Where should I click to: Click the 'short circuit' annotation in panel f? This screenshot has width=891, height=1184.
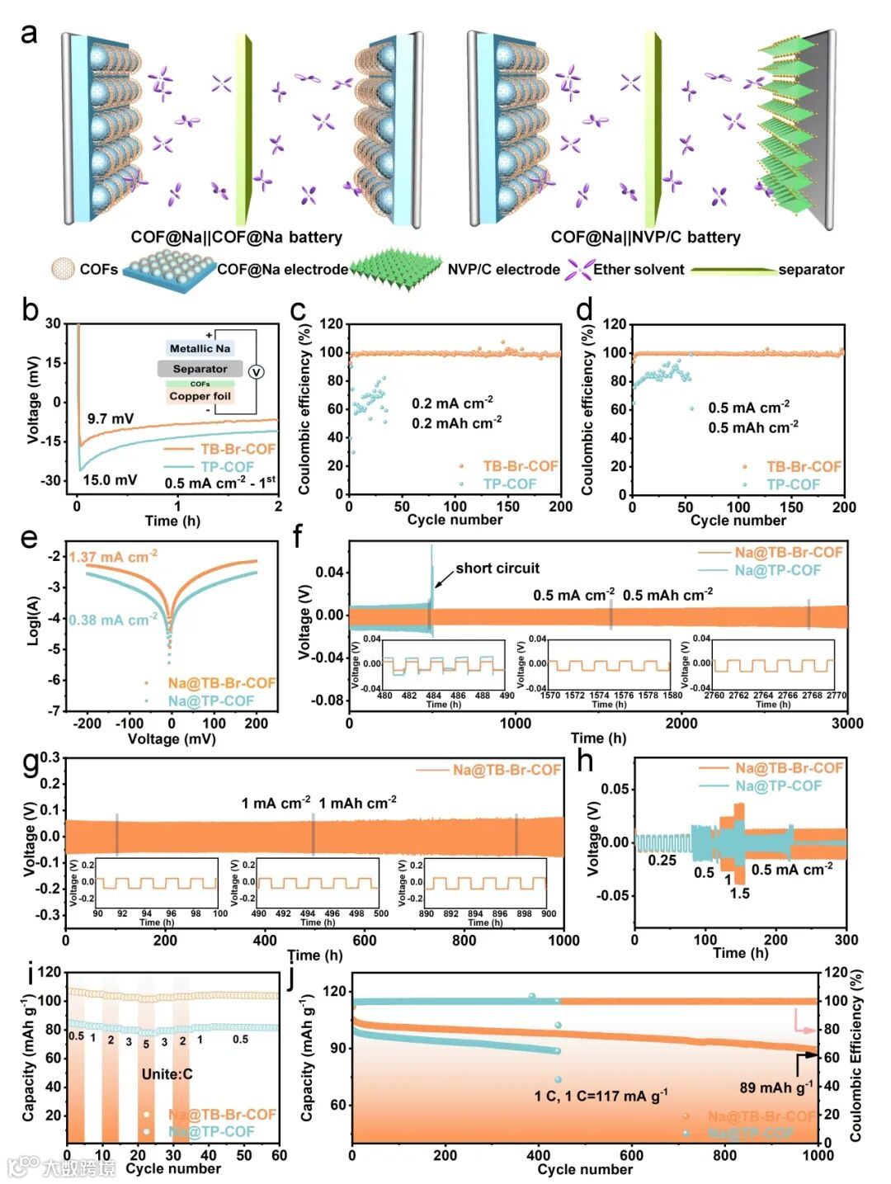point(497,568)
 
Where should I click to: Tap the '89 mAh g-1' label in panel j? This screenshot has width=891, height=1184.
point(775,1087)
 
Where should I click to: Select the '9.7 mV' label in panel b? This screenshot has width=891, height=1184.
point(111,418)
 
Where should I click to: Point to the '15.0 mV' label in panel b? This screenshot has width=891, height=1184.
point(110,479)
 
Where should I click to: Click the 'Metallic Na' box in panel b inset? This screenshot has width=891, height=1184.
point(200,349)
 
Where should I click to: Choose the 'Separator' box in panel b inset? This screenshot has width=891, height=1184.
point(200,369)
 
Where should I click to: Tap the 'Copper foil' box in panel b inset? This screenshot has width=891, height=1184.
point(200,396)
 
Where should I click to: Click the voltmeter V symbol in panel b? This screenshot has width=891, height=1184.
point(256,372)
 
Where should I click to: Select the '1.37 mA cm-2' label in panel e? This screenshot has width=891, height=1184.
point(113,557)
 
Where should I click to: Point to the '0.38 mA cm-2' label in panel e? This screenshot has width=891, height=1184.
point(112,620)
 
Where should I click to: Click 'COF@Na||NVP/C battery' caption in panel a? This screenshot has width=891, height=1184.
point(645,238)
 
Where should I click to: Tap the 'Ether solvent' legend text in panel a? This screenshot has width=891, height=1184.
point(639,270)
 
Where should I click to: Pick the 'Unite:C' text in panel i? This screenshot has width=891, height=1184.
point(167,1073)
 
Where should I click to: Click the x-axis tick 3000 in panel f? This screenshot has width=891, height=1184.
point(846,724)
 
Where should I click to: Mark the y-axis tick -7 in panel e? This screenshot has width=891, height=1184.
point(55,710)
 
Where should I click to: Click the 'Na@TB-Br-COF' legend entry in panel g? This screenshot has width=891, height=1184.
point(506,770)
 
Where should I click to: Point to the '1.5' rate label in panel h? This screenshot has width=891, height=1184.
point(739,893)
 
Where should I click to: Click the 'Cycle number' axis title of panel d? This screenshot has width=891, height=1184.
point(738,521)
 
